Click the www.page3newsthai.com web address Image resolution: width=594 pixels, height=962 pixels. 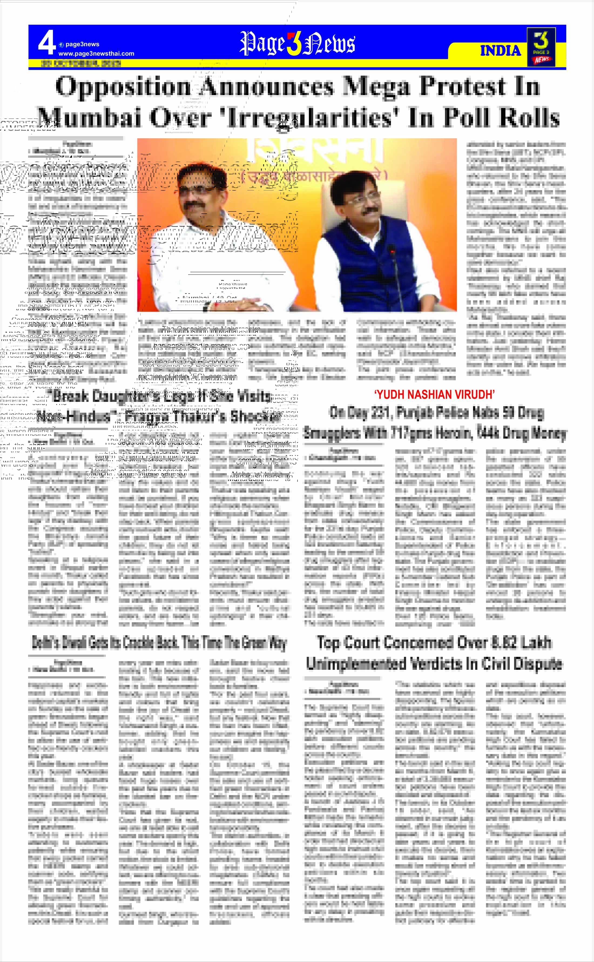coord(96,53)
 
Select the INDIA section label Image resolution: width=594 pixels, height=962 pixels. coord(500,51)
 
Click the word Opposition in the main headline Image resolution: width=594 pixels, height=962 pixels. coord(122,86)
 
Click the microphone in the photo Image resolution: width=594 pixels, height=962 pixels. coord(391,250)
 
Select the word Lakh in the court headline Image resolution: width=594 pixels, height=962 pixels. coord(537,643)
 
